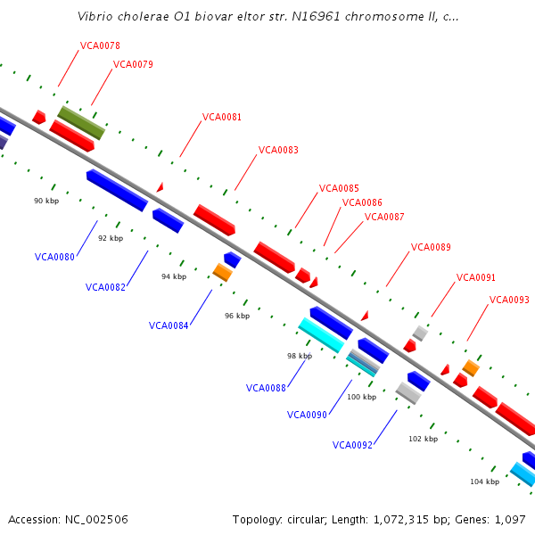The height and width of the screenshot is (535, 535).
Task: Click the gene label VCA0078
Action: coord(100,45)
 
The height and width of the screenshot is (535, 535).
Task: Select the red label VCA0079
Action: coord(133,64)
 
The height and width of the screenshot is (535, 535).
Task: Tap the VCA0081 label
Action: coord(222,117)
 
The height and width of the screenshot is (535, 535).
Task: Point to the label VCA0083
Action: coord(278,150)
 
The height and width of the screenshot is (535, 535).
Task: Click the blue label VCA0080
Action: coord(54,257)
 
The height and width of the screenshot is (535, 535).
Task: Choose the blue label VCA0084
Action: coord(169,325)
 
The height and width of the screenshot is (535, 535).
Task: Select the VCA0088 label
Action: coord(266,388)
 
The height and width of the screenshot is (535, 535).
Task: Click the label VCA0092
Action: coord(352,445)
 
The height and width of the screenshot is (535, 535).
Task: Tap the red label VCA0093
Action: coord(509,300)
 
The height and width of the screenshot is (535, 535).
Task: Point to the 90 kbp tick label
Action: coord(46,202)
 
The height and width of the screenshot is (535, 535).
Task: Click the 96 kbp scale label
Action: coord(237,316)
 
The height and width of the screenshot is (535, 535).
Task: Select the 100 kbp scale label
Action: coord(361,397)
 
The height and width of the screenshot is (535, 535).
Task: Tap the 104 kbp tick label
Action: coord(485,481)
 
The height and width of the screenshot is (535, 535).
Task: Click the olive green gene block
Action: coord(82,123)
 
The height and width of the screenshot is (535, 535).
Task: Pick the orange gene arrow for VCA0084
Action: coord(222,272)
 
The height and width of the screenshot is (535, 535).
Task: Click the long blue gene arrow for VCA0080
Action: coord(117,190)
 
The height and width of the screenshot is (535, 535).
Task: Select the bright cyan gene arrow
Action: coord(321,334)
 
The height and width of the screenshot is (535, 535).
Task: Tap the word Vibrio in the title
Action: coord(95,17)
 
